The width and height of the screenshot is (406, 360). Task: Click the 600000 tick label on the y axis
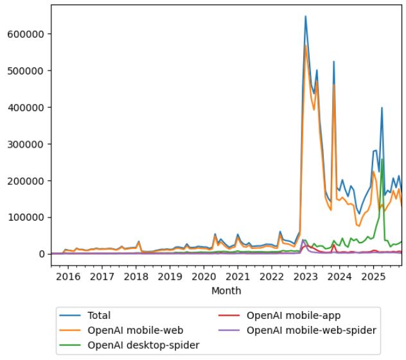click(x=25, y=33)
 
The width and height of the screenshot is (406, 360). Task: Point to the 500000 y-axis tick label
click(x=25, y=71)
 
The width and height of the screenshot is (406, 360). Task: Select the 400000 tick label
click(x=25, y=107)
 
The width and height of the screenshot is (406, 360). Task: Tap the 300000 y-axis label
click(x=25, y=144)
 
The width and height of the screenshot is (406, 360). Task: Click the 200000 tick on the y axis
click(x=25, y=181)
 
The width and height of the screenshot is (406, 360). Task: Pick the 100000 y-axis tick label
click(x=25, y=218)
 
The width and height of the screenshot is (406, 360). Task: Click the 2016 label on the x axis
click(x=68, y=277)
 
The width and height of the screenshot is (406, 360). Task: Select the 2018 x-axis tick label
click(x=136, y=277)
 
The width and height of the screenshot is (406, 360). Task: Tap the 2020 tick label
click(x=204, y=277)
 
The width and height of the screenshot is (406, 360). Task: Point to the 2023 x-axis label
click(x=306, y=277)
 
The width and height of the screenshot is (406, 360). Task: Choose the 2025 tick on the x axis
click(x=373, y=277)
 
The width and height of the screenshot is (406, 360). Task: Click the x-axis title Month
click(x=226, y=291)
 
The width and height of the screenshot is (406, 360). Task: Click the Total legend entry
click(x=100, y=315)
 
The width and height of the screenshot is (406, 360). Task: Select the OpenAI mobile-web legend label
click(x=135, y=330)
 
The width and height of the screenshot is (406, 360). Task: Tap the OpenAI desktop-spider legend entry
click(x=143, y=345)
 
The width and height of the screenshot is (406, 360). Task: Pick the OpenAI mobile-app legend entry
click(x=294, y=315)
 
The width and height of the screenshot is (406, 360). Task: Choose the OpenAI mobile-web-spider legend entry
click(x=311, y=330)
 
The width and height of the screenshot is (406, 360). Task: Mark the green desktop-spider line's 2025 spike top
click(x=382, y=159)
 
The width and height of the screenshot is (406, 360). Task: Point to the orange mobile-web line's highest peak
click(x=306, y=45)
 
